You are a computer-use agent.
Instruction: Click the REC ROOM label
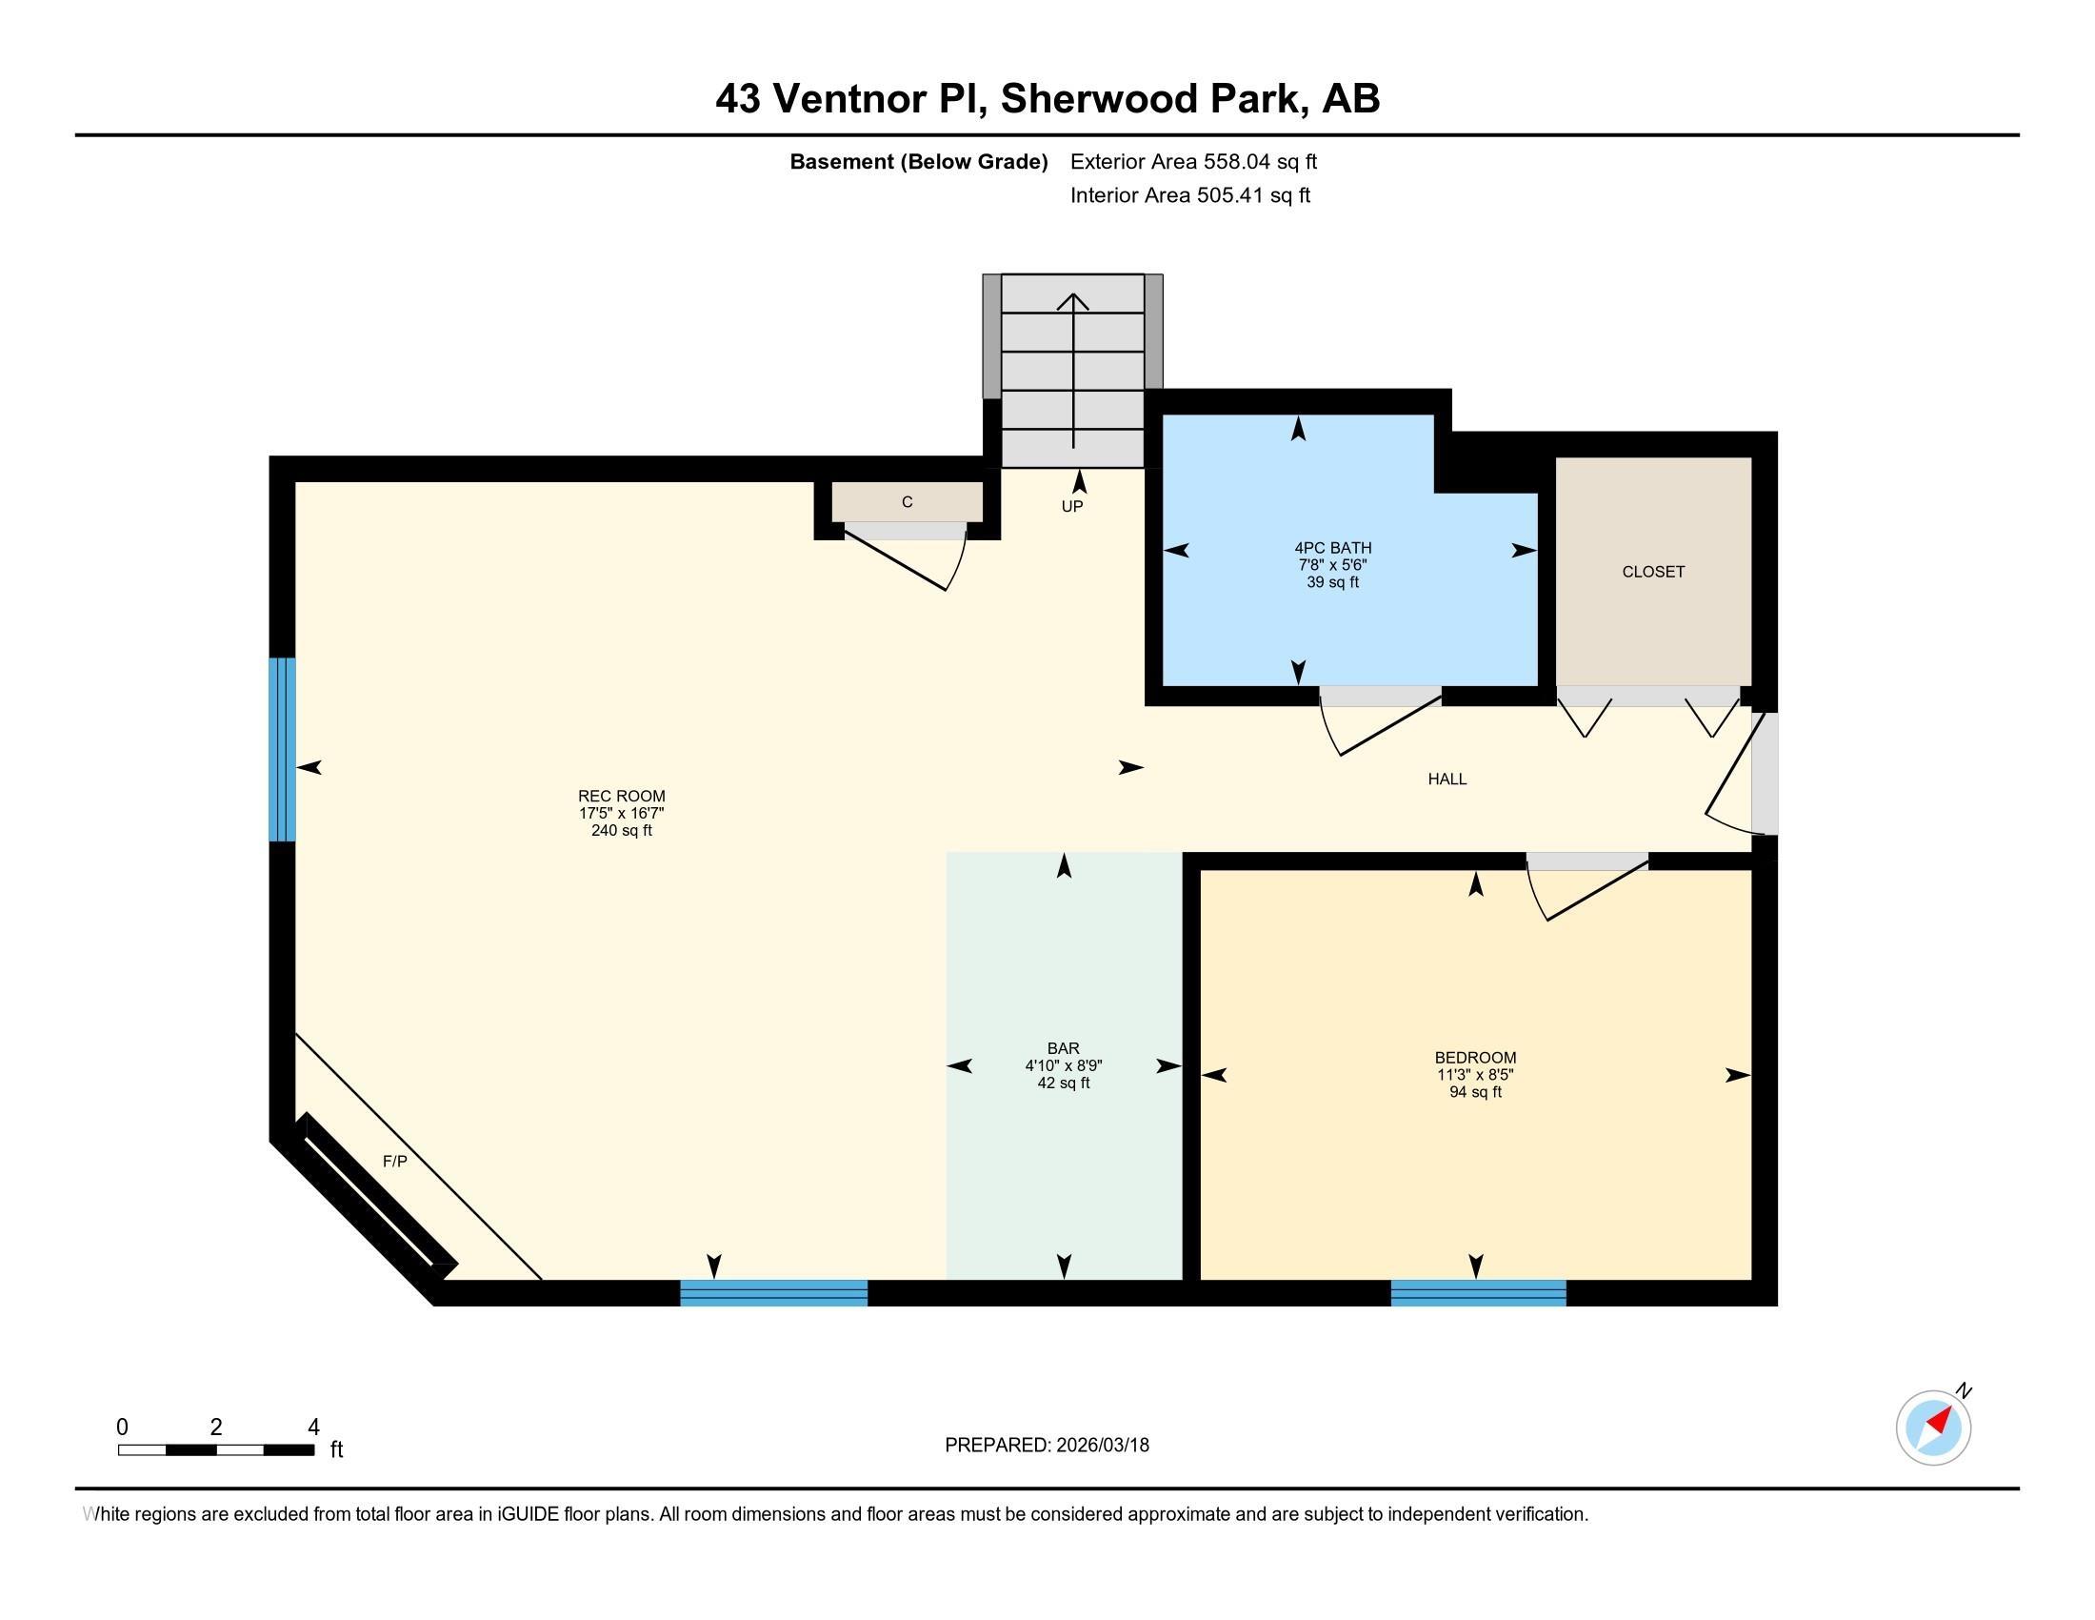pos(621,796)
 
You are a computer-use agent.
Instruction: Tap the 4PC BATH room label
pos(1332,548)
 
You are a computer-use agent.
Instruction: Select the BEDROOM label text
pos(1475,1058)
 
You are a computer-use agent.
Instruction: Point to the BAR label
pos(1063,1048)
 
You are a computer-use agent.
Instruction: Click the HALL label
pos(1447,780)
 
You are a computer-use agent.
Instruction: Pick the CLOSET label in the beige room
pos(1653,571)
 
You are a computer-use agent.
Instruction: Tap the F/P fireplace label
pos(395,1162)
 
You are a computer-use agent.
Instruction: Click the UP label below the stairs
pos(1071,506)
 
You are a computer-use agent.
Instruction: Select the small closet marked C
pos(907,502)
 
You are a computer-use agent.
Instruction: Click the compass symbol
pos(1933,1428)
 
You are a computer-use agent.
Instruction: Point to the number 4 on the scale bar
pos(312,1428)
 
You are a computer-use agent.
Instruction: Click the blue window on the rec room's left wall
pos(282,750)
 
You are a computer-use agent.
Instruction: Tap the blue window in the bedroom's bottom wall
pos(1478,1293)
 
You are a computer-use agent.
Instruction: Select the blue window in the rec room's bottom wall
pos(774,1293)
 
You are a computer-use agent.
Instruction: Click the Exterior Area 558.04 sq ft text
pos(1193,161)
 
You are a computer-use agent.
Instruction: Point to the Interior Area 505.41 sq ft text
pos(1189,194)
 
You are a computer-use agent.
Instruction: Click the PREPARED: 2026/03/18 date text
pos(1047,1446)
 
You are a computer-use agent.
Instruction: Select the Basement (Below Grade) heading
pos(918,162)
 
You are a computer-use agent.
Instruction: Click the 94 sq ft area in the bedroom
pos(1475,1092)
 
